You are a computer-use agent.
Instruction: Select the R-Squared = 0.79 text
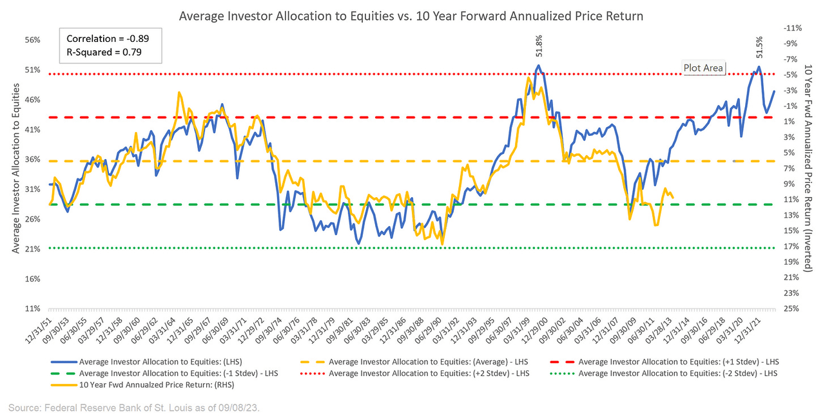(x=104, y=52)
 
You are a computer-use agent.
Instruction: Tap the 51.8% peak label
(x=539, y=50)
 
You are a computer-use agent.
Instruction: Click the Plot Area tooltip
(x=704, y=68)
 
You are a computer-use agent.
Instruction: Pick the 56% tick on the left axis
(x=32, y=40)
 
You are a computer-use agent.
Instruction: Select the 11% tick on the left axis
(x=32, y=309)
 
